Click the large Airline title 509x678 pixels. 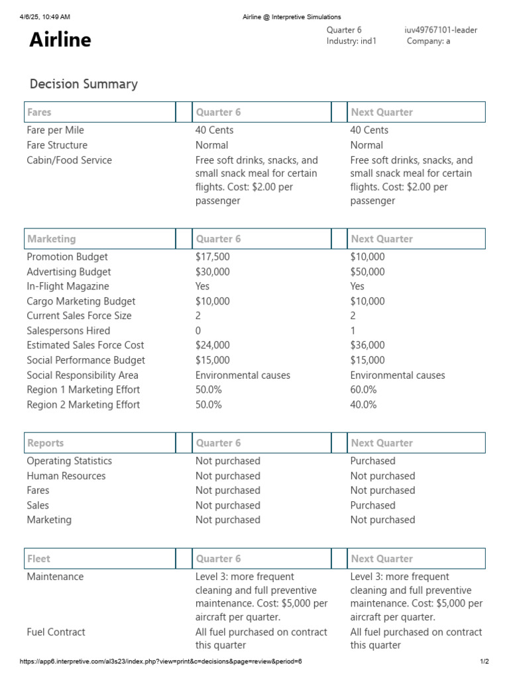coord(60,40)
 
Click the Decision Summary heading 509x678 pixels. coord(84,84)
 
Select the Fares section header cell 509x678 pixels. coord(99,113)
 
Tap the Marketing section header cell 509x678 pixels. coord(99,239)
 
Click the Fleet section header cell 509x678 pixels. coord(99,559)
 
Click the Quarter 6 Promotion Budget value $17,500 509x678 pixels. coord(213,257)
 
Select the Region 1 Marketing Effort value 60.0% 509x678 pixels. coord(363,390)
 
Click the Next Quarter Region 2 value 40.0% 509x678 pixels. coord(363,405)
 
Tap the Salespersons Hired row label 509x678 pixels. coord(68,331)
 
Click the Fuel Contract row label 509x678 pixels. coord(56,632)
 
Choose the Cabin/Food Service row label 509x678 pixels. coord(69,160)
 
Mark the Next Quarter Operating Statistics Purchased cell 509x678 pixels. coord(372,461)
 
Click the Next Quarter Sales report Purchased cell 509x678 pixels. coord(372,505)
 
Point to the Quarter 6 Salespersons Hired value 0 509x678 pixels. coord(198,331)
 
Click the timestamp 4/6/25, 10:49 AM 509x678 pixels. coord(45,17)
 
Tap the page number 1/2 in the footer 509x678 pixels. coord(484,661)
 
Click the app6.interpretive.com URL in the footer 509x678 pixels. coord(160,661)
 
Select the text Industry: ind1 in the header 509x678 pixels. coord(351,41)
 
